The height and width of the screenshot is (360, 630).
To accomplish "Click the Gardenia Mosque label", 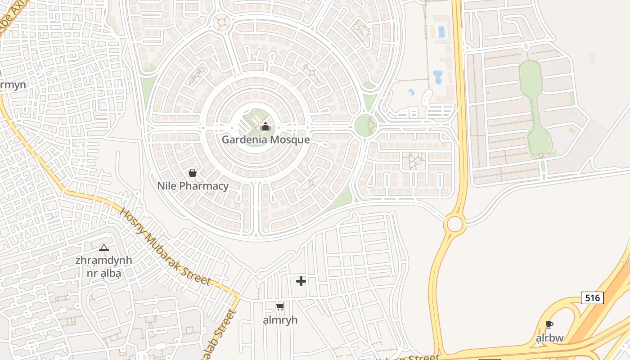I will pyautogui.click(x=265, y=139).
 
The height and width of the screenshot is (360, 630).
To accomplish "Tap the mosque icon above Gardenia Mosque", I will pyautogui.click(x=265, y=127).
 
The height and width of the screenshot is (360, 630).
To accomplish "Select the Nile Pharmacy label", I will pyautogui.click(x=193, y=186).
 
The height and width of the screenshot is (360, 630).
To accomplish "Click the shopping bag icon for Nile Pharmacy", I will pyautogui.click(x=193, y=173).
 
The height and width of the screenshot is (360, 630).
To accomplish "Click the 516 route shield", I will pyautogui.click(x=592, y=297).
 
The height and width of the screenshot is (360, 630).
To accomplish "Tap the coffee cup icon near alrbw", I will pyautogui.click(x=549, y=325).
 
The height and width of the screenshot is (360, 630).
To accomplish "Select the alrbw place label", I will pyautogui.click(x=549, y=338).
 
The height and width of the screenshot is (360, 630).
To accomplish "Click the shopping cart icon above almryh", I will pyautogui.click(x=280, y=307).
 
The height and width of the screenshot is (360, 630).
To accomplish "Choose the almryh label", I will pyautogui.click(x=280, y=320).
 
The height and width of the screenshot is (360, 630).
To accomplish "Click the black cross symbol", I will pyautogui.click(x=301, y=281).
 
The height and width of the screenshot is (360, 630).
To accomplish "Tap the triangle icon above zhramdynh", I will pyautogui.click(x=104, y=247).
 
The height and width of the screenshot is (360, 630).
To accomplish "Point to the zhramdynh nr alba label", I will pyautogui.click(x=104, y=266).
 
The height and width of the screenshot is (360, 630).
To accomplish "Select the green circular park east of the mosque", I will pyautogui.click(x=365, y=125).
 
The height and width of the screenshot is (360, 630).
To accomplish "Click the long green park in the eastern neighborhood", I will pyautogui.click(x=535, y=108).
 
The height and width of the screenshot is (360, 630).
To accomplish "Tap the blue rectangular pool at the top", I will pyautogui.click(x=441, y=32).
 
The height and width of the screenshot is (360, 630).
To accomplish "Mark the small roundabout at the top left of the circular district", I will pyautogui.click(x=221, y=22).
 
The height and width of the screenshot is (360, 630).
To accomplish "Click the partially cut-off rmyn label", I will pyautogui.click(x=13, y=85).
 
